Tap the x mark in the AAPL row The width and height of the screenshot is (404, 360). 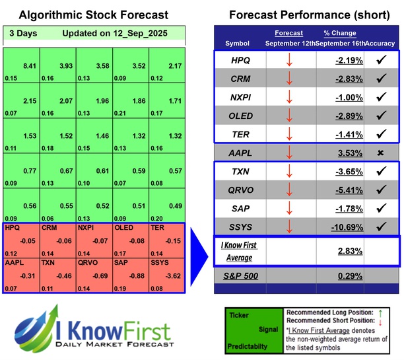pyautogui.click(x=380, y=153)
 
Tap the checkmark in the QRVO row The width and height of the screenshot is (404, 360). pyautogui.click(x=380, y=190)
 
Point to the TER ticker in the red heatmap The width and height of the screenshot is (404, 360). pyautogui.click(x=158, y=228)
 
